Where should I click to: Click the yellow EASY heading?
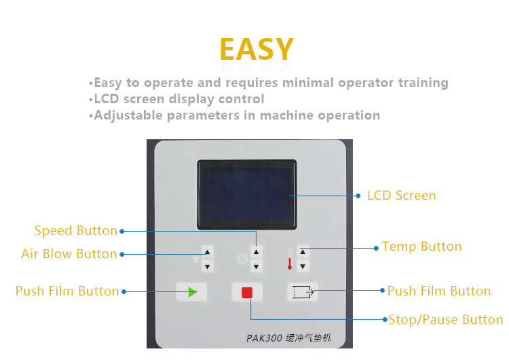coord(257,49)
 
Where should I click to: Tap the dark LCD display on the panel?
coord(247,194)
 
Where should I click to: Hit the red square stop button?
coord(247,293)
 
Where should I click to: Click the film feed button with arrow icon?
coord(303,291)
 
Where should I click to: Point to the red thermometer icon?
coord(290,259)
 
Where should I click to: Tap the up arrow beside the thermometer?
coord(303,252)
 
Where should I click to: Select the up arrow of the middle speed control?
coord(256,252)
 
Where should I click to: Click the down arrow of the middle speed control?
coord(256,267)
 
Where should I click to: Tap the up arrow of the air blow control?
coord(207,252)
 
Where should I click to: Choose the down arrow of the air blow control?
coord(207,267)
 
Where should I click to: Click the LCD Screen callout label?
coord(402,196)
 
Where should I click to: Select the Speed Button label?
coord(76,231)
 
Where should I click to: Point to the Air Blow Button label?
coord(69,254)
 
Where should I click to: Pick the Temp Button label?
coord(422,247)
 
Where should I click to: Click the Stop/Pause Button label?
coord(446,320)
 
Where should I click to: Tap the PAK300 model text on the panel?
coord(264,338)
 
